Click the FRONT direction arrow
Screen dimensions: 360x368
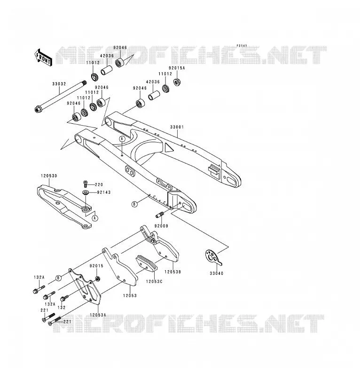[43, 58]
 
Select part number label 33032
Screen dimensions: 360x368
[59, 84]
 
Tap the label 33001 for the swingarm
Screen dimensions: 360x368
[177, 127]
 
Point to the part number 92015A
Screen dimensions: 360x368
[177, 68]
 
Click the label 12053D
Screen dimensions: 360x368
[49, 176]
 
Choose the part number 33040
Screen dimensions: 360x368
[216, 273]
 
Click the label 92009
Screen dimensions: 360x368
[161, 226]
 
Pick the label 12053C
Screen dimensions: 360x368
[154, 281]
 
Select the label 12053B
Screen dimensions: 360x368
[173, 272]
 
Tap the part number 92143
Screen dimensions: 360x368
[103, 192]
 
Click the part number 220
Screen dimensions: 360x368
[99, 184]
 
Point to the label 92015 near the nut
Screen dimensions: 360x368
[96, 266]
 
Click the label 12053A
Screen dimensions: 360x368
[98, 315]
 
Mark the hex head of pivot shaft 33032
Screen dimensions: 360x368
[38, 109]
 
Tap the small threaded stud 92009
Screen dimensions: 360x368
[160, 215]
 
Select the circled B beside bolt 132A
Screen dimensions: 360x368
[58, 278]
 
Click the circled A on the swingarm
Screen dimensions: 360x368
[122, 139]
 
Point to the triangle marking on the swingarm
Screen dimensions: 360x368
[169, 147]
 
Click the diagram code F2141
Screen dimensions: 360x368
[242, 46]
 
